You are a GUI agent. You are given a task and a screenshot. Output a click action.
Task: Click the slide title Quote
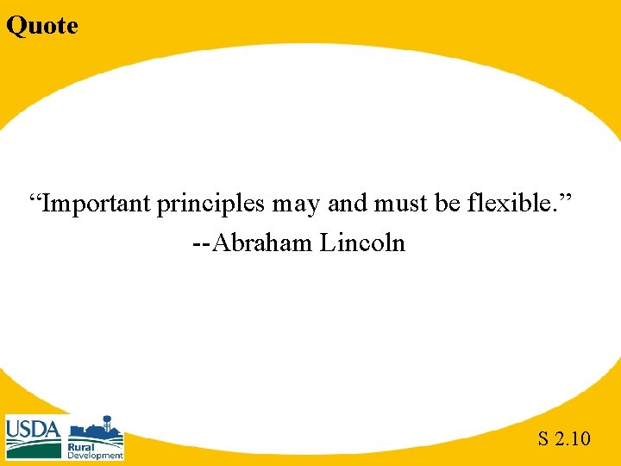click(x=41, y=26)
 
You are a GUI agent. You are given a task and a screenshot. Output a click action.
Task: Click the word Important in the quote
click(x=97, y=205)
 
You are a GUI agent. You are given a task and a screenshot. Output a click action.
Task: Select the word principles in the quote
click(x=212, y=205)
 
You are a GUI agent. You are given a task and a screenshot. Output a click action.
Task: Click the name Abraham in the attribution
click(x=262, y=243)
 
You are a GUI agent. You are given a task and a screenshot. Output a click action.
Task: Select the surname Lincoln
click(x=362, y=243)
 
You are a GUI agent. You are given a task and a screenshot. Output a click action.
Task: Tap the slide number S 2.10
click(x=564, y=439)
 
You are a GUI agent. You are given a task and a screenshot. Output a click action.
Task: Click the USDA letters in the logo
click(x=34, y=429)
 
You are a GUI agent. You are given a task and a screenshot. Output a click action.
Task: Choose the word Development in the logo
click(x=95, y=455)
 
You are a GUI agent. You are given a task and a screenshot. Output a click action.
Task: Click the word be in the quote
click(x=448, y=205)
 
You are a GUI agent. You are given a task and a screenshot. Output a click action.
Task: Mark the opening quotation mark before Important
click(x=35, y=199)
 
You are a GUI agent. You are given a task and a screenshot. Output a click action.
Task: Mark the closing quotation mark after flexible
click(x=567, y=199)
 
